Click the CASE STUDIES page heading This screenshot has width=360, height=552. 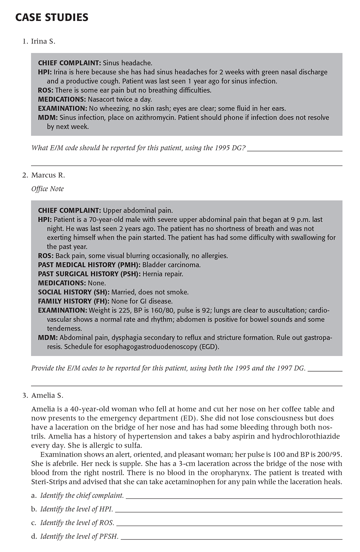[52, 17]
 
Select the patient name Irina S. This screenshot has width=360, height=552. [43, 41]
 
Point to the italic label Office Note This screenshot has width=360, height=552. [48, 189]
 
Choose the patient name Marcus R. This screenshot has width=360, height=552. [48, 175]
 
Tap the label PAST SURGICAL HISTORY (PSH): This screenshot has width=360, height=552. [89, 274]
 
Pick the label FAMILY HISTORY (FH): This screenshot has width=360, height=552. [74, 301]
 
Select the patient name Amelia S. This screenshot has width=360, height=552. [47, 395]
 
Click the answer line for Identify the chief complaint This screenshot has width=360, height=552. [234, 498]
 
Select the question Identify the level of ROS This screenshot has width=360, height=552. [77, 523]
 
